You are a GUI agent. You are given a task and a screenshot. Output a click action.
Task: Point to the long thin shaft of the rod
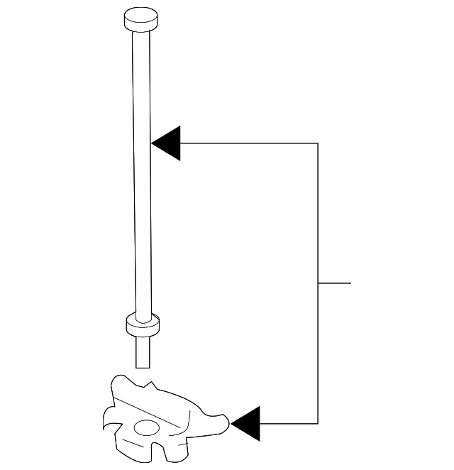click(x=142, y=177)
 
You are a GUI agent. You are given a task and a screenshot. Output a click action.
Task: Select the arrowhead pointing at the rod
click(x=167, y=143)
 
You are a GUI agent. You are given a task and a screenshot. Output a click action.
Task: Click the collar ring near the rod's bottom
click(x=143, y=326)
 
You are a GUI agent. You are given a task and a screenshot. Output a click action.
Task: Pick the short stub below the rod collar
click(x=143, y=352)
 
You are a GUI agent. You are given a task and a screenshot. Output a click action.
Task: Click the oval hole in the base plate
click(x=148, y=428)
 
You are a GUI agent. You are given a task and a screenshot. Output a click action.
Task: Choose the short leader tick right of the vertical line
click(x=335, y=283)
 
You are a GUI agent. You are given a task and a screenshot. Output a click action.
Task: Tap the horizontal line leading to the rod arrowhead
click(x=248, y=143)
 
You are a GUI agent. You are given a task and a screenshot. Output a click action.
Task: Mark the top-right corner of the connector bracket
click(x=318, y=143)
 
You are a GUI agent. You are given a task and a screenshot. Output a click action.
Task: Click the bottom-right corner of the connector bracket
click(x=318, y=424)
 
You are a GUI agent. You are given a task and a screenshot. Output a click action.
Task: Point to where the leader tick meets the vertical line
click(x=318, y=283)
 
